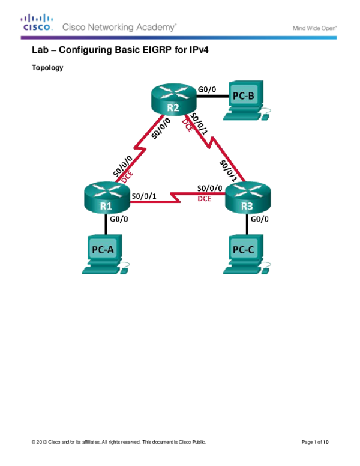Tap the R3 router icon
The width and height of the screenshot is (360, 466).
247,199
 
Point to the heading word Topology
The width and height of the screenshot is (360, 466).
47,68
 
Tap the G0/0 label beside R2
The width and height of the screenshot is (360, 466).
206,89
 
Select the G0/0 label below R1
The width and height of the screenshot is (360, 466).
118,220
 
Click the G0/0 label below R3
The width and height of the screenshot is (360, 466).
259,220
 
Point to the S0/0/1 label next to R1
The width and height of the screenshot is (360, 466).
143,196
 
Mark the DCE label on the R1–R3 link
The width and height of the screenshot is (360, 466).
204,199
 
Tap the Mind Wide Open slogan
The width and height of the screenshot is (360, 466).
314,28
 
